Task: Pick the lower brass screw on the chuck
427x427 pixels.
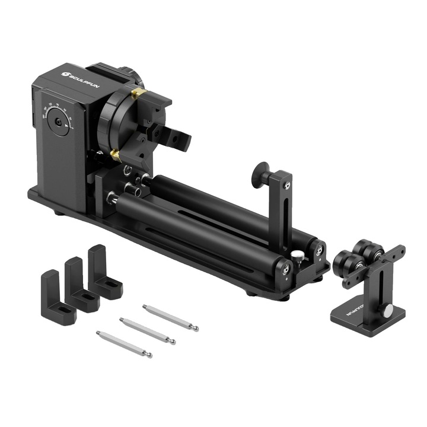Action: point(116,155)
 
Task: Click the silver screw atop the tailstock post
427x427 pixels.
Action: point(288,186)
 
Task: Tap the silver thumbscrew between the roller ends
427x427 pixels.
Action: point(297,256)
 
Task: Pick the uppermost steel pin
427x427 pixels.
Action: point(170,318)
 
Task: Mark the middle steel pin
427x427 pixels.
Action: point(147,331)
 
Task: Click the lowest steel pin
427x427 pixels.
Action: point(124,344)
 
